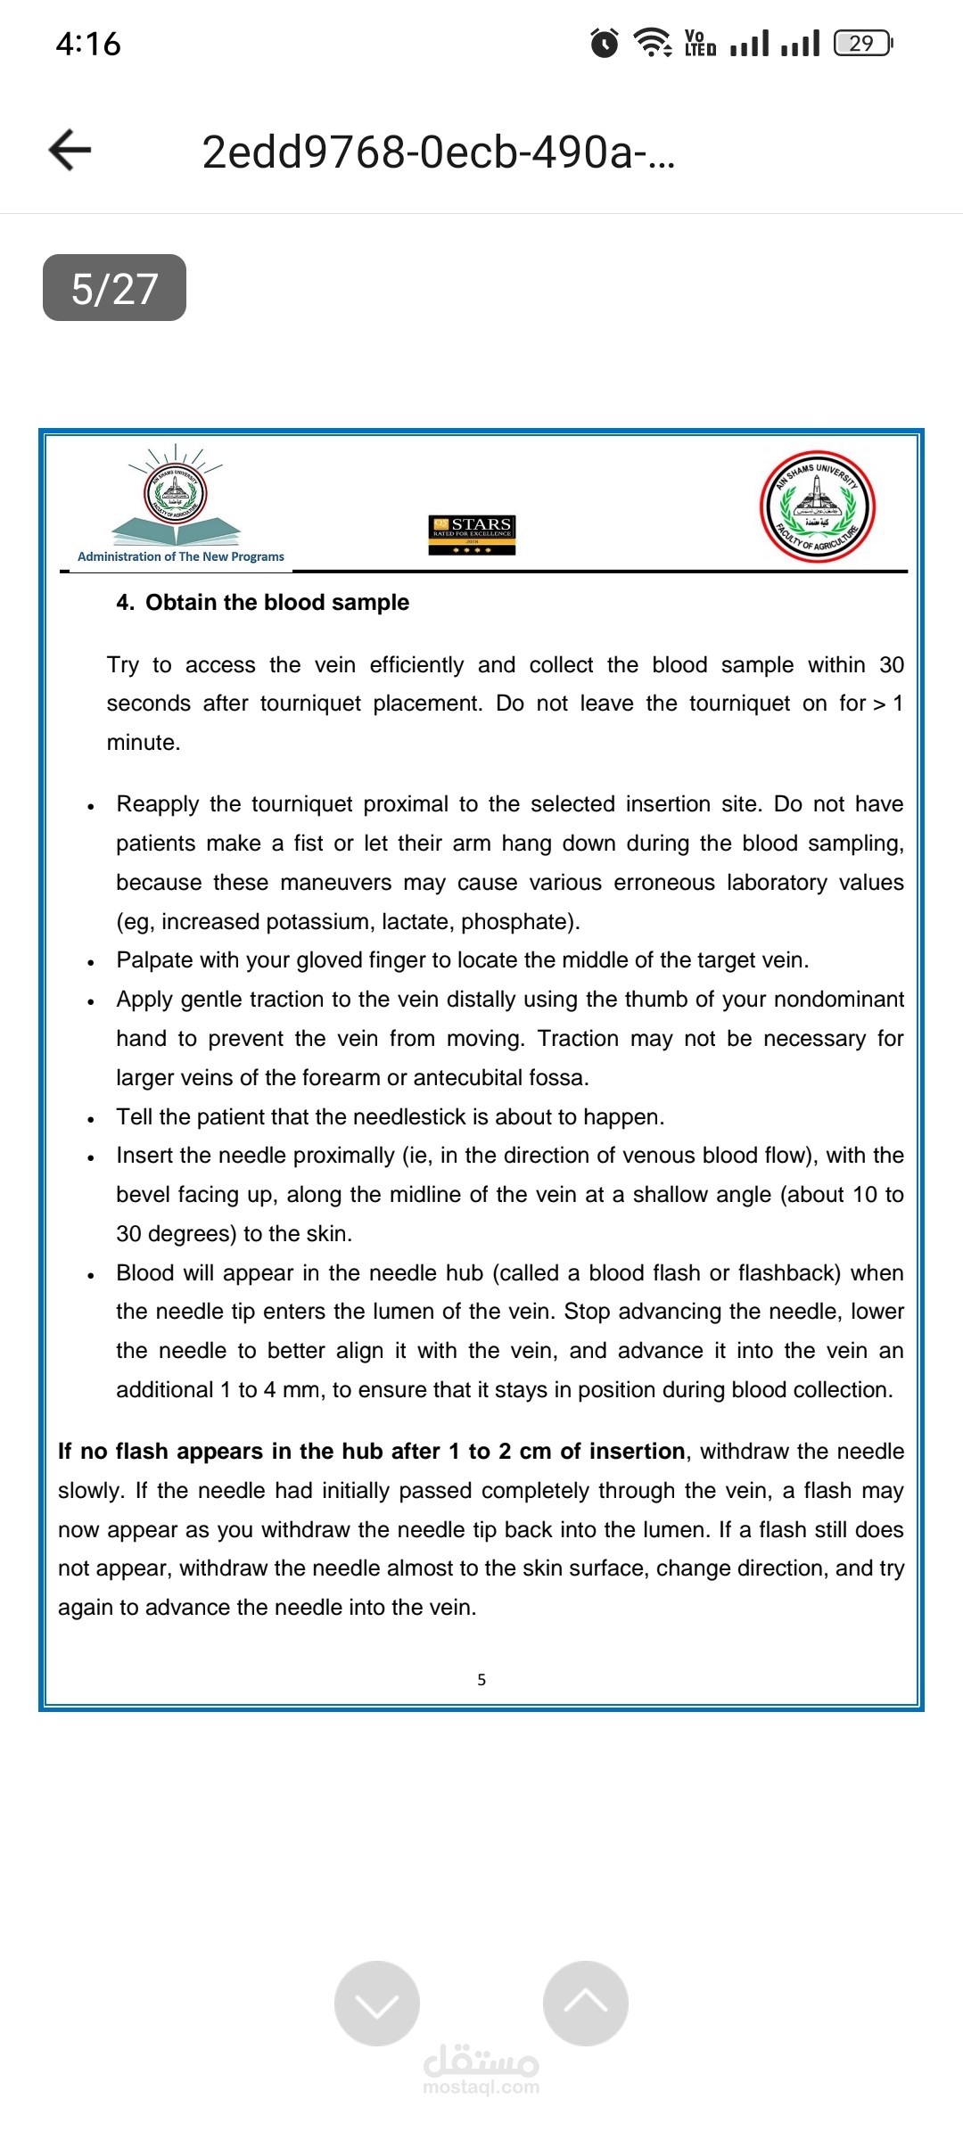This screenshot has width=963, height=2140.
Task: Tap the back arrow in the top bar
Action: click(70, 150)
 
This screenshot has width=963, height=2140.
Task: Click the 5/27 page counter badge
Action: click(114, 288)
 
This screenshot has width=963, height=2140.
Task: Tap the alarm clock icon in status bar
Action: click(605, 43)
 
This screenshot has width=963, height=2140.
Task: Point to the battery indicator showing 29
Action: click(862, 43)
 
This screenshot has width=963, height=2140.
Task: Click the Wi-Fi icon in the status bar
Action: click(653, 43)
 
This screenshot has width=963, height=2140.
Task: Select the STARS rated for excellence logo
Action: click(473, 534)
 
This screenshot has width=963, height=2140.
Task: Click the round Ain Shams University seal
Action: click(817, 506)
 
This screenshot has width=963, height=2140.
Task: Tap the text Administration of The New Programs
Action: click(181, 556)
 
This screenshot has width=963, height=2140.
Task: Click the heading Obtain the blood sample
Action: click(277, 603)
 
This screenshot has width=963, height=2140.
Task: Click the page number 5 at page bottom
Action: click(481, 1680)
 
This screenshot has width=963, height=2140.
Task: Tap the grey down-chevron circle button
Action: click(377, 2003)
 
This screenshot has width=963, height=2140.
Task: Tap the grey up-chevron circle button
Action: click(586, 2003)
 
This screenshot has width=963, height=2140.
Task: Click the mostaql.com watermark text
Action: click(481, 2086)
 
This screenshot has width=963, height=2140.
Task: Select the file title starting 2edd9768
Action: click(439, 152)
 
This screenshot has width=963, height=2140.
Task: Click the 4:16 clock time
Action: click(88, 44)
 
